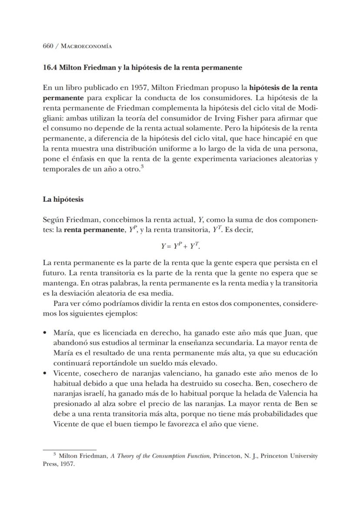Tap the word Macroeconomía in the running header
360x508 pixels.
(85, 46)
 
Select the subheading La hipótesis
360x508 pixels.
(63, 199)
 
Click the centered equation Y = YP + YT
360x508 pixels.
(180, 246)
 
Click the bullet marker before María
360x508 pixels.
(45, 333)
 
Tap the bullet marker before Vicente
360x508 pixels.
(45, 373)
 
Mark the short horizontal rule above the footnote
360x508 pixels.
(69, 449)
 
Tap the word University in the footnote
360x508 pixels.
(301, 456)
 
